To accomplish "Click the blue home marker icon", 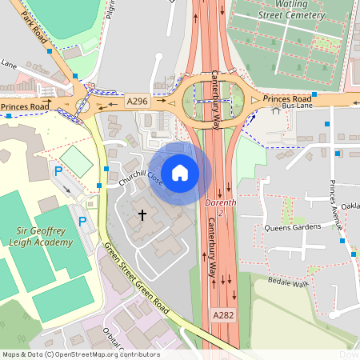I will [x=180, y=172].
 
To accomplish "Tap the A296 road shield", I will [x=137, y=102].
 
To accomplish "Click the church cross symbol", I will [x=143, y=214].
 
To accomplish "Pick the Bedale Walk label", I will [x=289, y=283].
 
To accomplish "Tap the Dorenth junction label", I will [x=220, y=207].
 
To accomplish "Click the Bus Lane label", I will [x=297, y=106].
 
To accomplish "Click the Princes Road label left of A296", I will [x=24, y=106].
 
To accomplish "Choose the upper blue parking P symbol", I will [x=58, y=170].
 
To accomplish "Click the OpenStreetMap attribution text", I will [x=80, y=354].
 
